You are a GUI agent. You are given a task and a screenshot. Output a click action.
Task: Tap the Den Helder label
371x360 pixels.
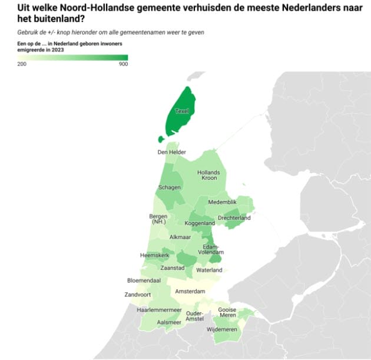pyautogui.click(x=172, y=152)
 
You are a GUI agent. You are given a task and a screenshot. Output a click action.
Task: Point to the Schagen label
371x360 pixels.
pyautogui.click(x=169, y=187)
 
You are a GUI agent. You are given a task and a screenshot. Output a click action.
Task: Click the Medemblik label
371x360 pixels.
pyautogui.click(x=222, y=202)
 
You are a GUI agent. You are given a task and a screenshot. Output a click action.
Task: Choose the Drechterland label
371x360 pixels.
pyautogui.click(x=234, y=218)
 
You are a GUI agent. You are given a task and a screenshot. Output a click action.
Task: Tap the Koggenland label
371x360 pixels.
pyautogui.click(x=200, y=224)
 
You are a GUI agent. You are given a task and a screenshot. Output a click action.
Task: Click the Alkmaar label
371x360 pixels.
pyautogui.click(x=180, y=237)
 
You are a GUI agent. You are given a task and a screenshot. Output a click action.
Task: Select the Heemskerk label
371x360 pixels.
pyautogui.click(x=154, y=255)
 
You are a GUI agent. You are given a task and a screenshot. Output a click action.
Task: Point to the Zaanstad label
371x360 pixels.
pyautogui.click(x=173, y=268)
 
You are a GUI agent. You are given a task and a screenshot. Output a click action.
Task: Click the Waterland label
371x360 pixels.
pyautogui.click(x=209, y=270)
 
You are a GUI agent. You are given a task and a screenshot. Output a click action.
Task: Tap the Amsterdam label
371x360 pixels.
pyautogui.click(x=190, y=292)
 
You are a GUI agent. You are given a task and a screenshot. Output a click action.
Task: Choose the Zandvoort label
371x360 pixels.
pyautogui.click(x=138, y=295)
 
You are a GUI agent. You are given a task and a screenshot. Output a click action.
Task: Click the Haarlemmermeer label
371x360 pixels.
pyautogui.click(x=156, y=309)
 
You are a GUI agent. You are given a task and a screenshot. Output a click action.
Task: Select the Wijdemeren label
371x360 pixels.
pyautogui.click(x=223, y=329)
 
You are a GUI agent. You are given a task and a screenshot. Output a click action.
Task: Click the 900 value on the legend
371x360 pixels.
pyautogui.click(x=123, y=64)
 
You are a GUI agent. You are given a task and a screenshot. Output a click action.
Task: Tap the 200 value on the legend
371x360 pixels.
pyautogui.click(x=22, y=64)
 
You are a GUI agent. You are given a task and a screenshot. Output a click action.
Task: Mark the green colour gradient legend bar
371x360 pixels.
pyautogui.click(x=73, y=57)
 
